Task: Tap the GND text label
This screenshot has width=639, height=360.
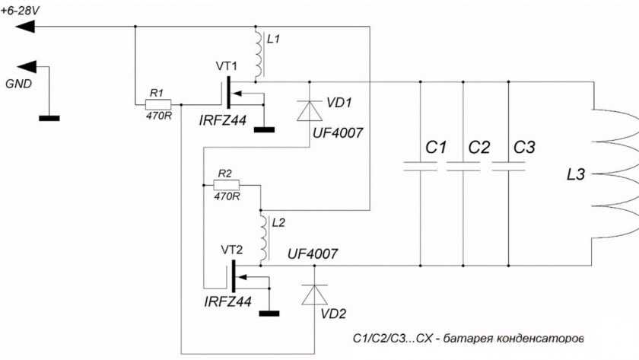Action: click(x=18, y=84)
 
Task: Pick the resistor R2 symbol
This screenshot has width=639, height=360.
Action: click(x=226, y=184)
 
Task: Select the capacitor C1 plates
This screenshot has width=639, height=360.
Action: click(x=420, y=165)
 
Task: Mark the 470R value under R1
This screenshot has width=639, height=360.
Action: click(x=157, y=116)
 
